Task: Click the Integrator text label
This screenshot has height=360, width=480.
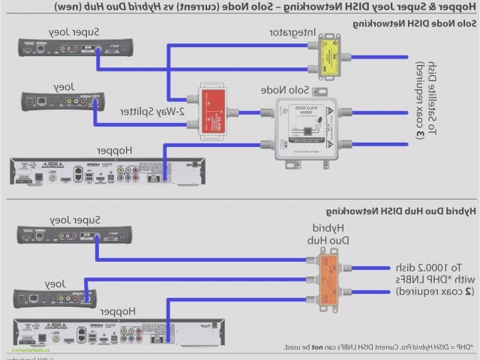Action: (293, 34)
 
